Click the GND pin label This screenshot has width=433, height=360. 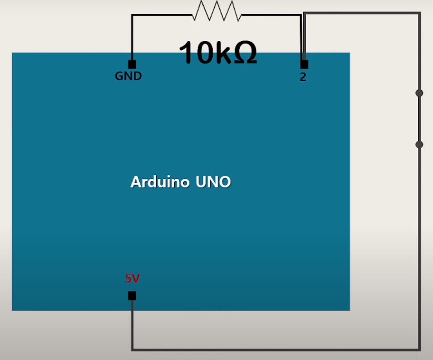click(x=128, y=76)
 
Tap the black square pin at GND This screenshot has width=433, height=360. click(x=132, y=64)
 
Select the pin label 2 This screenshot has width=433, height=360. click(x=303, y=77)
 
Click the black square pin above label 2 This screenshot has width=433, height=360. click(x=304, y=64)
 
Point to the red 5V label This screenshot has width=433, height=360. click(x=132, y=278)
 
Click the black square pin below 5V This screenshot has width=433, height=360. click(x=132, y=295)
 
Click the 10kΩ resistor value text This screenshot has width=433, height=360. click(x=218, y=53)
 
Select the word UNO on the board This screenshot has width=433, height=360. click(x=213, y=182)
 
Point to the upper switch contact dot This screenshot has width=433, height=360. click(x=419, y=93)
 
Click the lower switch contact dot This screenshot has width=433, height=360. click(x=419, y=145)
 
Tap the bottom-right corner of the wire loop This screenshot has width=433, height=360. click(x=419, y=349)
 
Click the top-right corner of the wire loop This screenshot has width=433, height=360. click(x=419, y=14)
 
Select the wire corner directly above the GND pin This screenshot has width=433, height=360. click(x=132, y=15)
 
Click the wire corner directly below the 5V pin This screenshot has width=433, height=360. click(x=132, y=349)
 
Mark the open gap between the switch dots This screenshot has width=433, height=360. click(x=419, y=119)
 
